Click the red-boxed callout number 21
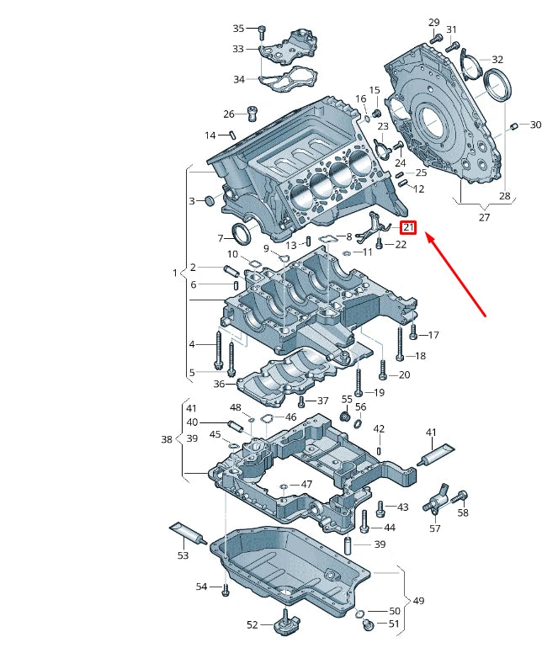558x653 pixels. [x=408, y=227]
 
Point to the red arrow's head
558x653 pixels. [x=427, y=237]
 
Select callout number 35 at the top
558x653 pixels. [x=238, y=29]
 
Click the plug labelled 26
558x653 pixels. [x=251, y=113]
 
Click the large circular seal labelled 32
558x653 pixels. [x=499, y=87]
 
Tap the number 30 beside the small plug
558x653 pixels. [x=535, y=125]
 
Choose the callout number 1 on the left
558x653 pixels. [x=175, y=273]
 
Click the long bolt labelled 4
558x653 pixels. [x=218, y=350]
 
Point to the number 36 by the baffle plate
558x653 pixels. [x=219, y=384]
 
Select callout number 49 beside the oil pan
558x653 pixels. [x=418, y=602]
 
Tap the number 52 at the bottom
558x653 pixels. [x=252, y=624]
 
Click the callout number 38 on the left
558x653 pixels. [x=166, y=438]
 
